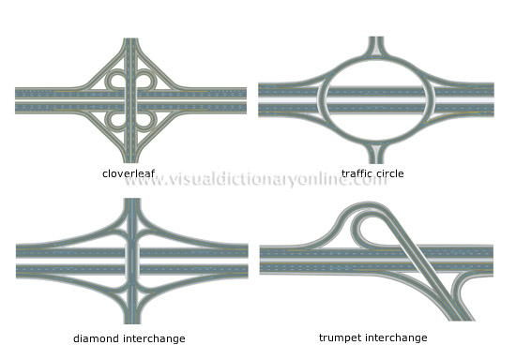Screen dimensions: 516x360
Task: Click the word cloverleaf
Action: (129, 173)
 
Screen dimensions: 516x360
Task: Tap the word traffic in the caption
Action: (357, 173)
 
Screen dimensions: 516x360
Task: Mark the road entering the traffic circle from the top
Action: (375, 47)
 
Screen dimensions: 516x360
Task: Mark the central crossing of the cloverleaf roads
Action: (131, 100)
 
